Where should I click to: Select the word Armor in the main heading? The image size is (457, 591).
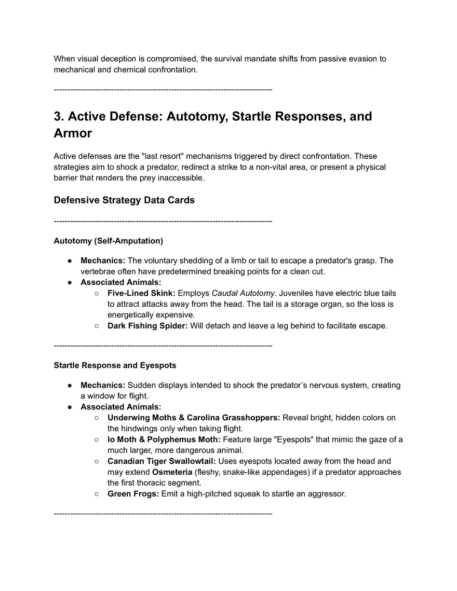pyautogui.click(x=73, y=133)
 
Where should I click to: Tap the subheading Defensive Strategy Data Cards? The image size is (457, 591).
pyautogui.click(x=124, y=200)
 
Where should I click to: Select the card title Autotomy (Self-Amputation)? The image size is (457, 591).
pyautogui.click(x=108, y=241)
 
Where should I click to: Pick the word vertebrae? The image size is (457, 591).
pyautogui.click(x=98, y=271)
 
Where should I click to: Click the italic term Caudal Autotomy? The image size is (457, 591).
pyautogui.click(x=243, y=293)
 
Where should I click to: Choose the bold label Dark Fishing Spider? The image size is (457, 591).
pyautogui.click(x=147, y=326)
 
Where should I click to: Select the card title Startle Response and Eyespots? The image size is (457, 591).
pyautogui.click(x=115, y=365)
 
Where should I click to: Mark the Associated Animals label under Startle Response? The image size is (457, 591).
pyautogui.click(x=120, y=407)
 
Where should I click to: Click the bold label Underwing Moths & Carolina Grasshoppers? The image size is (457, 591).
pyautogui.click(x=194, y=418)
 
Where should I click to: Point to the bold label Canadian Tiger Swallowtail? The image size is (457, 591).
pyautogui.click(x=162, y=461)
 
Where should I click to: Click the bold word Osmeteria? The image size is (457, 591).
pyautogui.click(x=172, y=472)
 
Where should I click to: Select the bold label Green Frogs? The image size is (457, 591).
pyautogui.click(x=133, y=494)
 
